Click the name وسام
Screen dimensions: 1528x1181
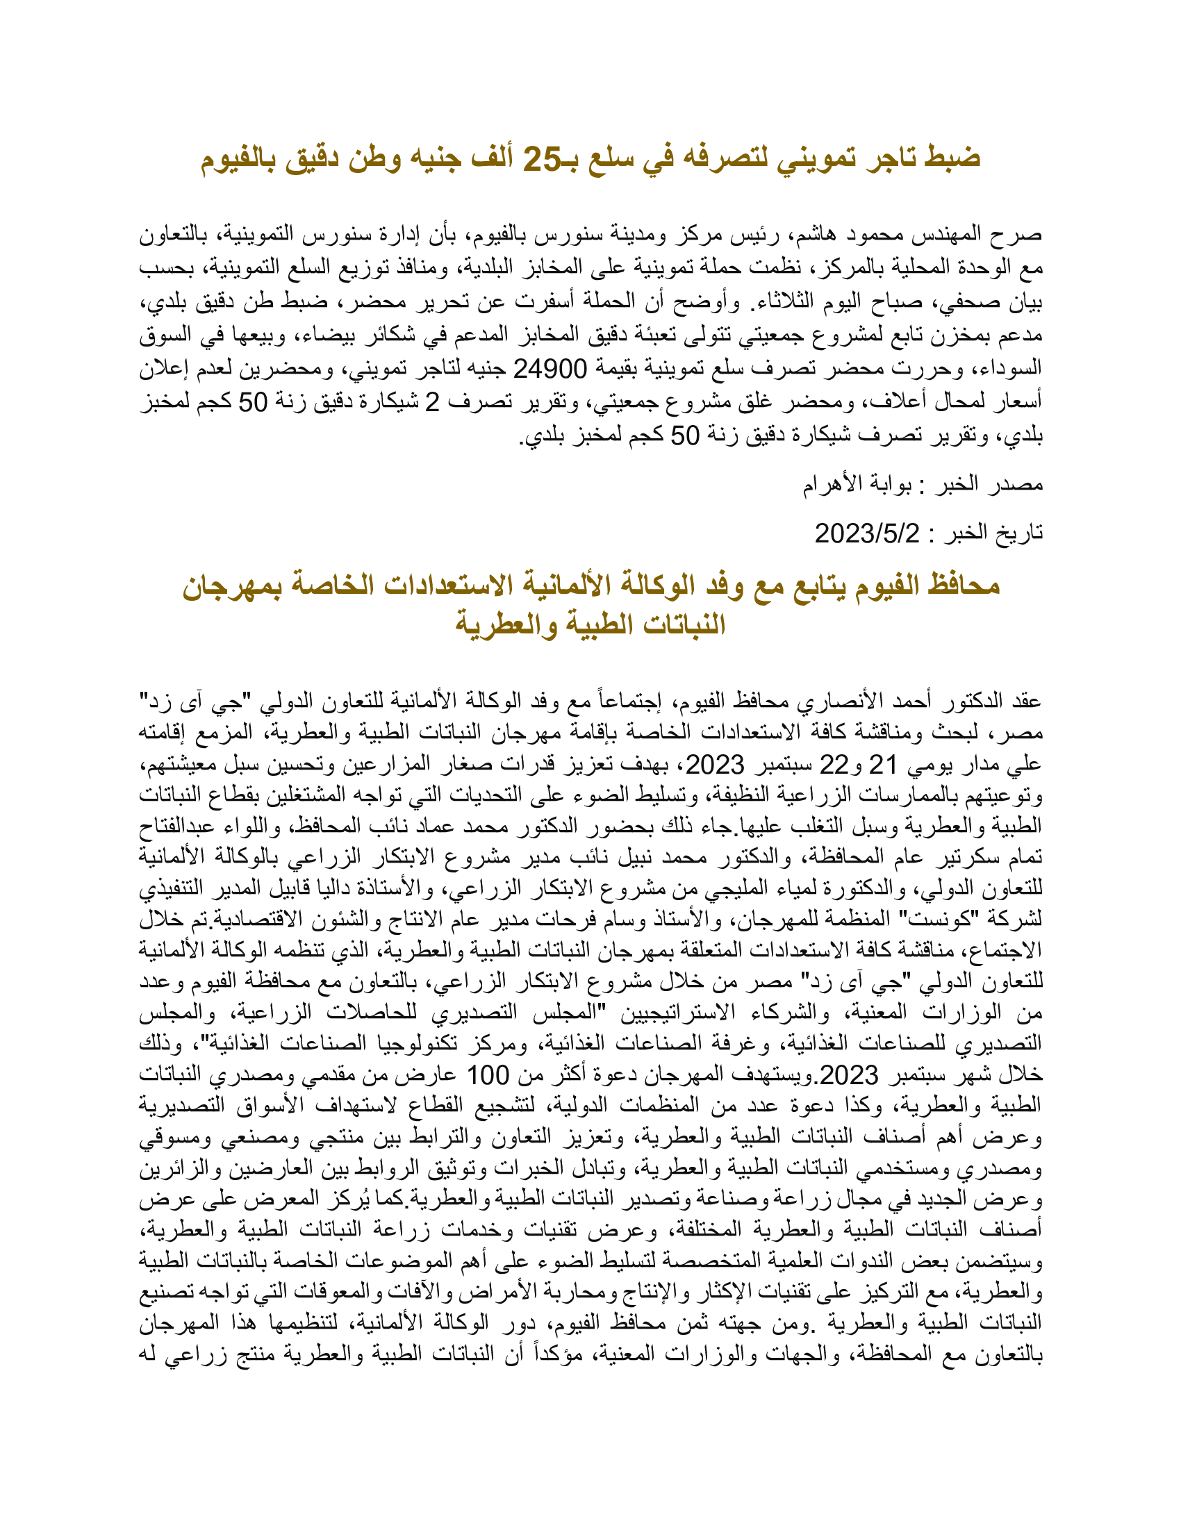[x=593, y=920]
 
